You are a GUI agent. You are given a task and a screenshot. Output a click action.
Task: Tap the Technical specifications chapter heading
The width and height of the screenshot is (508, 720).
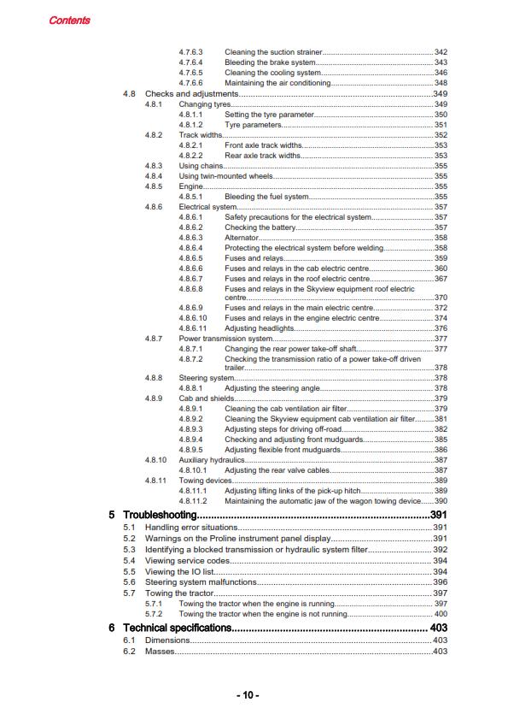(x=178, y=628)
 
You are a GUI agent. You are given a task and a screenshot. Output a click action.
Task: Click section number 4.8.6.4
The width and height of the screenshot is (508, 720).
(x=190, y=247)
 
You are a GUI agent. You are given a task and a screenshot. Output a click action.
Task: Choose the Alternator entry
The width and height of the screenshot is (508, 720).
(x=242, y=237)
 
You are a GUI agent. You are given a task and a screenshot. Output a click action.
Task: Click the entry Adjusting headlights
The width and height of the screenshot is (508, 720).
(x=260, y=328)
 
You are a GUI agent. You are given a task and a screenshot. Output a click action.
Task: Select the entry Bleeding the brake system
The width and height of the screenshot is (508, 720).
(x=270, y=62)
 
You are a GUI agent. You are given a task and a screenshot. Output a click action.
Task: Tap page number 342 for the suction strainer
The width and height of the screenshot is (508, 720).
(x=441, y=53)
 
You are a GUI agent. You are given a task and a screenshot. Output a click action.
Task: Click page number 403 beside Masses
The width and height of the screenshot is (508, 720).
(x=441, y=652)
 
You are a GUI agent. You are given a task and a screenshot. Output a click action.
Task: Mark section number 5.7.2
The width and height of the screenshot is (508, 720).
(x=154, y=614)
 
